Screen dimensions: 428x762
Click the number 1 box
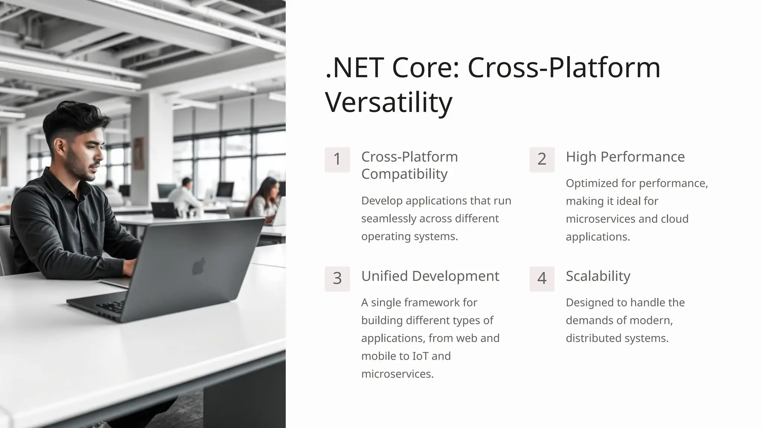(x=337, y=159)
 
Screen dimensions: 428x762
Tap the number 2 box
(x=542, y=159)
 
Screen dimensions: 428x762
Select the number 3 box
(x=337, y=279)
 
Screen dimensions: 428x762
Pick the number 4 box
(x=542, y=279)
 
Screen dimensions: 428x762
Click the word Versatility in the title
(x=388, y=102)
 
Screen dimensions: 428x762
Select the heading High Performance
(x=625, y=157)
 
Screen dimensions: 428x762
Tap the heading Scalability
(x=598, y=276)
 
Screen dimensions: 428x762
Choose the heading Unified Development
(x=430, y=276)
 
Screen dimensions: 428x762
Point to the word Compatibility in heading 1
(x=404, y=174)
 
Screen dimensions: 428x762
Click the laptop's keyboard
(x=112, y=306)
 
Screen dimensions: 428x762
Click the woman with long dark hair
(x=266, y=199)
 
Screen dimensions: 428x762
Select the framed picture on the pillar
(x=138, y=153)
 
